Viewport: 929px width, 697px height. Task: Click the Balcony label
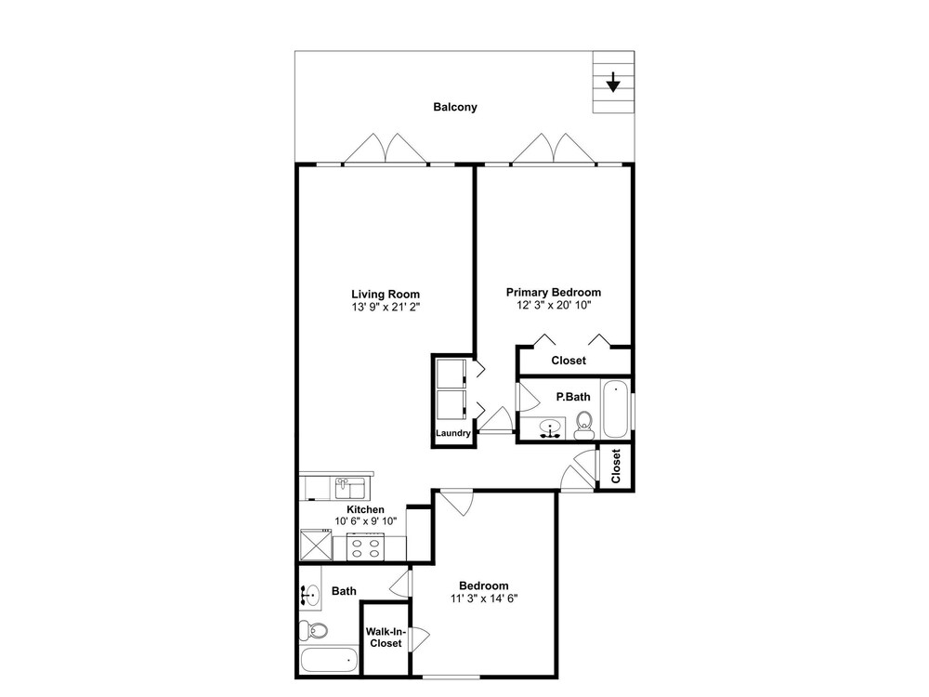(455, 107)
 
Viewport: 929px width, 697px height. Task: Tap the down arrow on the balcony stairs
(612, 82)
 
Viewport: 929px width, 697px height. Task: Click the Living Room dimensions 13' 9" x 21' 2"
(386, 307)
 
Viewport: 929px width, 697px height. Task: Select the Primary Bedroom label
(554, 292)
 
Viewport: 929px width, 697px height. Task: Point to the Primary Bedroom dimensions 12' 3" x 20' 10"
(554, 305)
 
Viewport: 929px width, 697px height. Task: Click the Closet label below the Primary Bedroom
(569, 361)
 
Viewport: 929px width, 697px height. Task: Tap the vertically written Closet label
(616, 466)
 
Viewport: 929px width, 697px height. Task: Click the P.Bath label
(573, 397)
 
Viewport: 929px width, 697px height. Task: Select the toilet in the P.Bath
(584, 425)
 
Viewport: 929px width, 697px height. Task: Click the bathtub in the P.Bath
(616, 409)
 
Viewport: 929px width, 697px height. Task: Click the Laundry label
(453, 433)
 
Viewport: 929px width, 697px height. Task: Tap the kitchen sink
(351, 489)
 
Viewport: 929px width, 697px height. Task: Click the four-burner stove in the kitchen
(365, 547)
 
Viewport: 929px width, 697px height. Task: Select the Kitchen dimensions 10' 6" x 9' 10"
(365, 521)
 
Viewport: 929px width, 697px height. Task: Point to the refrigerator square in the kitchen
(316, 546)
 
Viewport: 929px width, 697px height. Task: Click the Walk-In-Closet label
(386, 638)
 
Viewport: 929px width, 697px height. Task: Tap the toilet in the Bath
(313, 630)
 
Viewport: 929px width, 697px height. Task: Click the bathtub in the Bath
(329, 660)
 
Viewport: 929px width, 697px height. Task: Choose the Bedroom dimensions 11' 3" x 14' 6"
(484, 598)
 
